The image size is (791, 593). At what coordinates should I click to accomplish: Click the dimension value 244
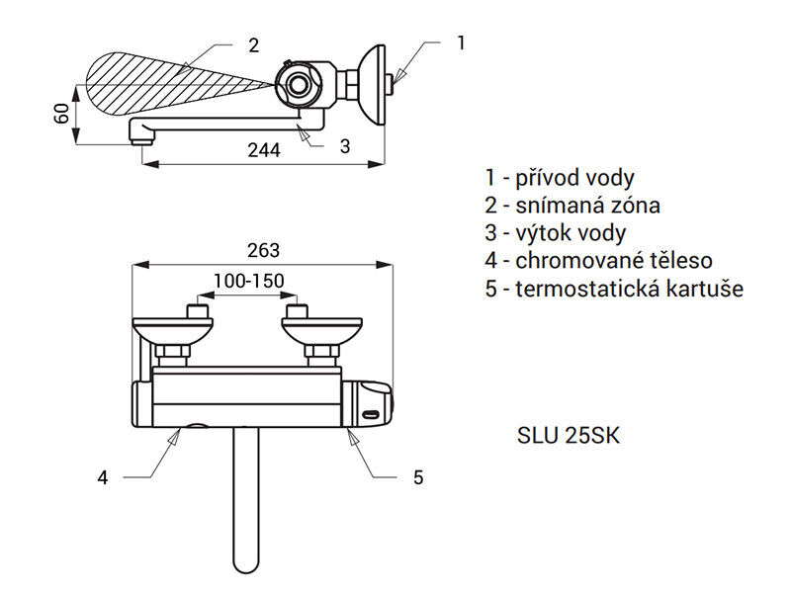pyautogui.click(x=264, y=150)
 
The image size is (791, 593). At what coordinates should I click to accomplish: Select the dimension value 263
pyautogui.click(x=263, y=251)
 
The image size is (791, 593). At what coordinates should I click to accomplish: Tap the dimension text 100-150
pyautogui.click(x=249, y=281)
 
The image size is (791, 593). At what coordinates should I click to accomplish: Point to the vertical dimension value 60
pyautogui.click(x=61, y=114)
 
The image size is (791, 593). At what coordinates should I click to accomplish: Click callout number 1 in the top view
pyautogui.click(x=460, y=42)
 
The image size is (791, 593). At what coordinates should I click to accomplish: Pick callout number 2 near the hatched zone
pyautogui.click(x=254, y=45)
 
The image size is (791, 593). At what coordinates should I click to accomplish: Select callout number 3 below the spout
pyautogui.click(x=345, y=146)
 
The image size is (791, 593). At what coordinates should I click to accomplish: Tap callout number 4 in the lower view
pyautogui.click(x=103, y=477)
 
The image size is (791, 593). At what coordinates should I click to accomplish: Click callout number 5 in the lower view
pyautogui.click(x=418, y=477)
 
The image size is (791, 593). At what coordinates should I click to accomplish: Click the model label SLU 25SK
pyautogui.click(x=568, y=436)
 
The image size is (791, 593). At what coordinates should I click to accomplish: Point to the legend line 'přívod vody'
pyautogui.click(x=560, y=178)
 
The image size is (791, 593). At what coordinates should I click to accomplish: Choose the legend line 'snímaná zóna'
pyautogui.click(x=572, y=206)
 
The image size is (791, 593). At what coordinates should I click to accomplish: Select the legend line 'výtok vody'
pyautogui.click(x=556, y=233)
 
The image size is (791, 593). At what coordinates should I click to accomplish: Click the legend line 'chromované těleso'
pyautogui.click(x=599, y=261)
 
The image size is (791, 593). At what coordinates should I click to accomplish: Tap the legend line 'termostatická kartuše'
pyautogui.click(x=614, y=289)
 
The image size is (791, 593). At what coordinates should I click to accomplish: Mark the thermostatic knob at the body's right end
pyautogui.click(x=368, y=404)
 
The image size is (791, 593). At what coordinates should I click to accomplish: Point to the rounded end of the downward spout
pyautogui.click(x=246, y=564)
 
